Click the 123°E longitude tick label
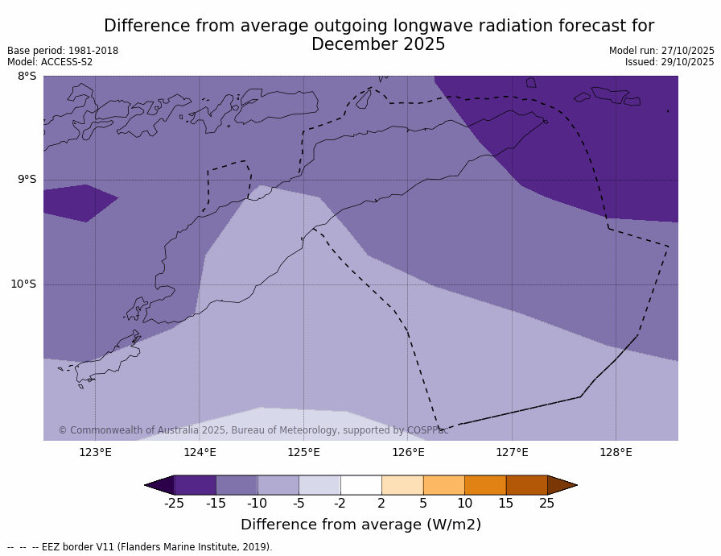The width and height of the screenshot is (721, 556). (x=95, y=452)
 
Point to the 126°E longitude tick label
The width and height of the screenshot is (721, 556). (x=408, y=452)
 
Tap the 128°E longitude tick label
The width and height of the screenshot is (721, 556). (x=616, y=452)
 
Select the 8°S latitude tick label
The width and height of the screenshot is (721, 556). (x=27, y=77)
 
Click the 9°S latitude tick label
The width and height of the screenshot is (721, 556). (x=27, y=180)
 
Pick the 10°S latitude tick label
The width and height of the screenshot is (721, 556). (x=23, y=284)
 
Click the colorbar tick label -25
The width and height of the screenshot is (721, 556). (x=174, y=504)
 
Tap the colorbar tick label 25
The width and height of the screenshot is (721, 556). (x=547, y=504)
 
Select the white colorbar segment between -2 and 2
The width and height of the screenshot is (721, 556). (x=360, y=485)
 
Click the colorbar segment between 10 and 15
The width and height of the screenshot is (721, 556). (x=485, y=485)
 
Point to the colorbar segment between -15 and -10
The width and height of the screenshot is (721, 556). (x=237, y=485)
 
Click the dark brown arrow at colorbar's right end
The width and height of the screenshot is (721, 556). (x=562, y=485)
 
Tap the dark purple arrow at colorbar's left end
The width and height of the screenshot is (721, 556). (x=160, y=485)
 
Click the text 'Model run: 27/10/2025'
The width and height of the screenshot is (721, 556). (x=661, y=51)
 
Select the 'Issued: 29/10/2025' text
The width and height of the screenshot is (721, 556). (x=669, y=62)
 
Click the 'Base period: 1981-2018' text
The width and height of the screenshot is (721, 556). (x=63, y=51)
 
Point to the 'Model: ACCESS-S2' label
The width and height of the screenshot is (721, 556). (x=50, y=62)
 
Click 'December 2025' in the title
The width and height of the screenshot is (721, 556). (x=378, y=45)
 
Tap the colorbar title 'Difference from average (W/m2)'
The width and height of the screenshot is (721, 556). (x=360, y=525)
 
